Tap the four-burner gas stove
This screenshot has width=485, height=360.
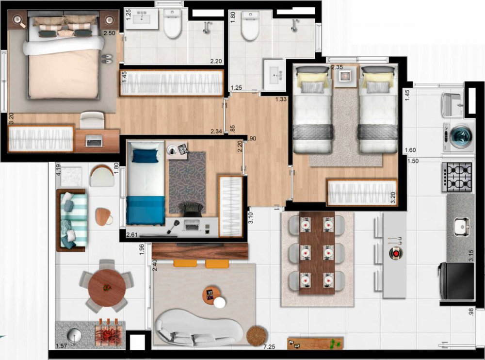[x=457, y=177]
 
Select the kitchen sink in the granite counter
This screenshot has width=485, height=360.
[x=462, y=227]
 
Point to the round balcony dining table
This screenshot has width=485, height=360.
[x=107, y=288]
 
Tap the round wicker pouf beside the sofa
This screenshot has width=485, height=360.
[x=257, y=336]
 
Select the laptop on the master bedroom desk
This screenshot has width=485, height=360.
[x=95, y=141]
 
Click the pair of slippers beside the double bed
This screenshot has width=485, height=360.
[x=107, y=59]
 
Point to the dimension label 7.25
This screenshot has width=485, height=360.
[x=269, y=347]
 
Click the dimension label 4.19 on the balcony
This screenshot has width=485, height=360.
[x=58, y=170]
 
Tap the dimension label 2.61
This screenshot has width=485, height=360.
[x=132, y=235]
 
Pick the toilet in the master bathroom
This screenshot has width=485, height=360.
[x=172, y=24]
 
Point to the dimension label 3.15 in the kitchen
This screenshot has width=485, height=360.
[x=471, y=256]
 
